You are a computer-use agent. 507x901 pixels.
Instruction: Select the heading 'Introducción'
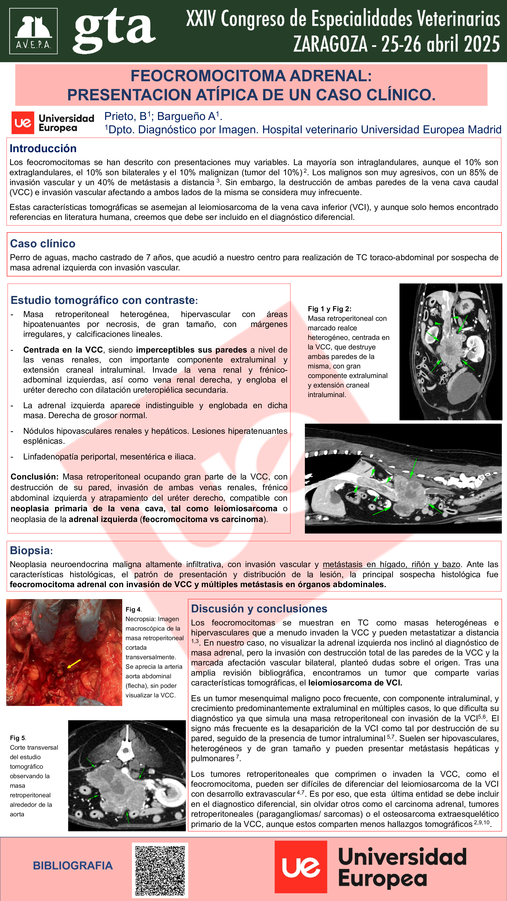coord(43,149)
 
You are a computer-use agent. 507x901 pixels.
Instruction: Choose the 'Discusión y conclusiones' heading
coord(259,609)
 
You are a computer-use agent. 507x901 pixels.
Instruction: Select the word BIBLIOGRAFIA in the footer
coord(73,866)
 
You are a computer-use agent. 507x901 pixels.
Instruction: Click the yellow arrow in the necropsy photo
coord(74,663)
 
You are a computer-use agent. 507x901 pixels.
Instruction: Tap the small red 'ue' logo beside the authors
coord(23,123)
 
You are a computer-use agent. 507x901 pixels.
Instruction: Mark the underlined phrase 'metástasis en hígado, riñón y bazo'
coord(391,564)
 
